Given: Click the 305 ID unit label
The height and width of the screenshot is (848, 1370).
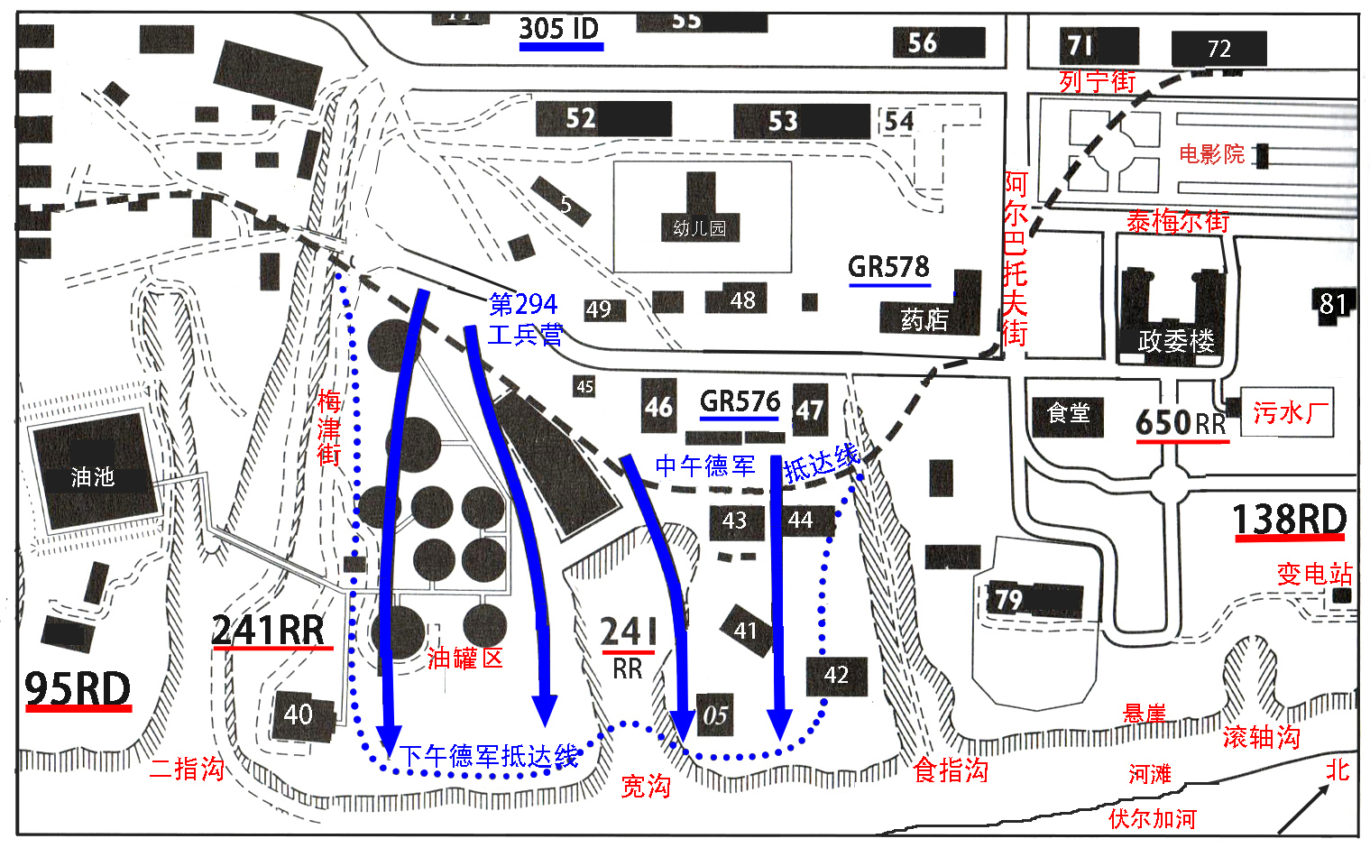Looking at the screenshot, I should pos(559,29).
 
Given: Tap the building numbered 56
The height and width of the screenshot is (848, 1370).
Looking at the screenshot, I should pos(938,43).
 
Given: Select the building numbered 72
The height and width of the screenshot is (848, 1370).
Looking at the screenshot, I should pos(1218,49).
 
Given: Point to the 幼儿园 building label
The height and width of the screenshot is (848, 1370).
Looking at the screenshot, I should pos(700,228).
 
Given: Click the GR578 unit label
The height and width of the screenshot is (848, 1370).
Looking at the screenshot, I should pos(888,267).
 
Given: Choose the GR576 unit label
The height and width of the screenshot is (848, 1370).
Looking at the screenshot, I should pos(740,401).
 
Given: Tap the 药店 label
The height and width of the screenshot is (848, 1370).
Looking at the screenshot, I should pos(924,319).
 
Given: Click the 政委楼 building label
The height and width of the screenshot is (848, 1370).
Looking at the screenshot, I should pos(1176,341).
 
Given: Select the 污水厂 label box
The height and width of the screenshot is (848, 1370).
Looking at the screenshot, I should pos(1290,413).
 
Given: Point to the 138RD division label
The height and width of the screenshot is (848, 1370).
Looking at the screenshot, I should pos(1290,520).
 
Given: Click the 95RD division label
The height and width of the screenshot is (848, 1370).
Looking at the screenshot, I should pos(78,689).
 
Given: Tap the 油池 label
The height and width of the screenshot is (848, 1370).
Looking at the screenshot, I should pos(93,476).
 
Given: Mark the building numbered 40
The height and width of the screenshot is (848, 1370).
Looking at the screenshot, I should pos(299,714).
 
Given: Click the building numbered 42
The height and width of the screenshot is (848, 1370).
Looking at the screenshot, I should pos(836,675).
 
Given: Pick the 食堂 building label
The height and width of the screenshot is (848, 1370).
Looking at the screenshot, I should pos(1069,414).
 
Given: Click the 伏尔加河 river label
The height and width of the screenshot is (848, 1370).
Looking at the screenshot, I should pos(1153,818).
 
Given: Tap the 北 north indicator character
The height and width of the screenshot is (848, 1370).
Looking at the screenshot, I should pos(1338,770).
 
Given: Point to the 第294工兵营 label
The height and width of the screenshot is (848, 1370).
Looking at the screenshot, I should pos(525,319).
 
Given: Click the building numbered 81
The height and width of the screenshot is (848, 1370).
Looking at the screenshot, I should pos(1333,304).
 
